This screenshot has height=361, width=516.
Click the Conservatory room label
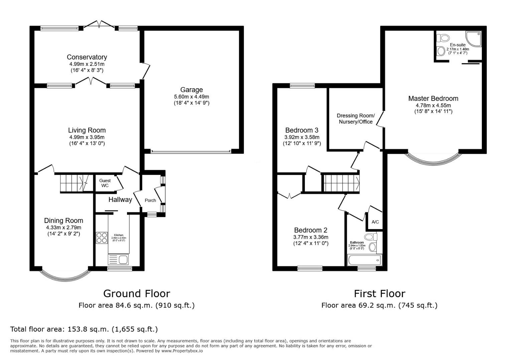coord(87,57)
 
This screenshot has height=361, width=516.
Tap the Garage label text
coord(191,90)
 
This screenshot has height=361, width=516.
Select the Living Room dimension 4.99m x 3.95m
coord(87,137)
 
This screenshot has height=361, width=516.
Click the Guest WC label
coord(105,183)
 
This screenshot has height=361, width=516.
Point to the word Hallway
coord(120,200)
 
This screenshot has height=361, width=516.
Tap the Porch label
coord(150,200)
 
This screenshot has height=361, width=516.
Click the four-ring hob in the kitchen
coord(102,238)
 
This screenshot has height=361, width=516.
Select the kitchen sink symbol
coord(118,259)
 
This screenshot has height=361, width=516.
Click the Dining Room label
coord(63,221)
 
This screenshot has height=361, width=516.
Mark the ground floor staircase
coord(74,183)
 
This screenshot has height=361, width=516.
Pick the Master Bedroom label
coord(433,98)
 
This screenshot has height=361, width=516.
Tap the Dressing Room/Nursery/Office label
coord(356,119)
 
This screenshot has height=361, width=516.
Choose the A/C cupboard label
coord(375,222)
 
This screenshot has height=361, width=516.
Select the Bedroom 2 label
coord(310,230)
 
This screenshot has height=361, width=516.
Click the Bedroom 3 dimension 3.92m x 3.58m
coord(302,137)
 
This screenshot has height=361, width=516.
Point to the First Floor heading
coord(379,293)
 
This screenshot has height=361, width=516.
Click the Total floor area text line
coord(84,329)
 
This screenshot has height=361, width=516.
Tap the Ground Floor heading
coord(136,293)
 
